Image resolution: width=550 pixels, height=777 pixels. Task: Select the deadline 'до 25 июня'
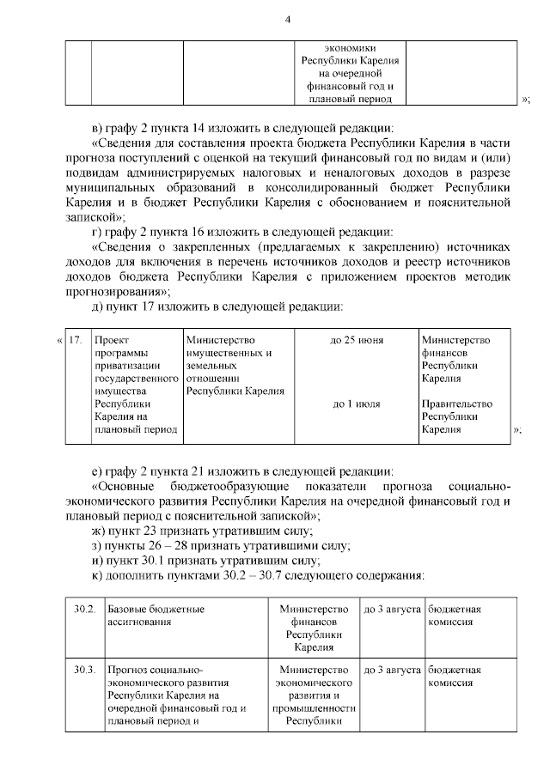tap(357, 341)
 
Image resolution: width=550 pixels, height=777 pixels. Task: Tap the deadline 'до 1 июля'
tap(357, 404)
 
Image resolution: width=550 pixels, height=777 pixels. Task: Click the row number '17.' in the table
tap(76, 341)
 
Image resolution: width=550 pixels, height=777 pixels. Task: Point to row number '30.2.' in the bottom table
tap(83, 610)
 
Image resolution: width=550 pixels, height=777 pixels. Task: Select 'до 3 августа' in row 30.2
tap(392, 610)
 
